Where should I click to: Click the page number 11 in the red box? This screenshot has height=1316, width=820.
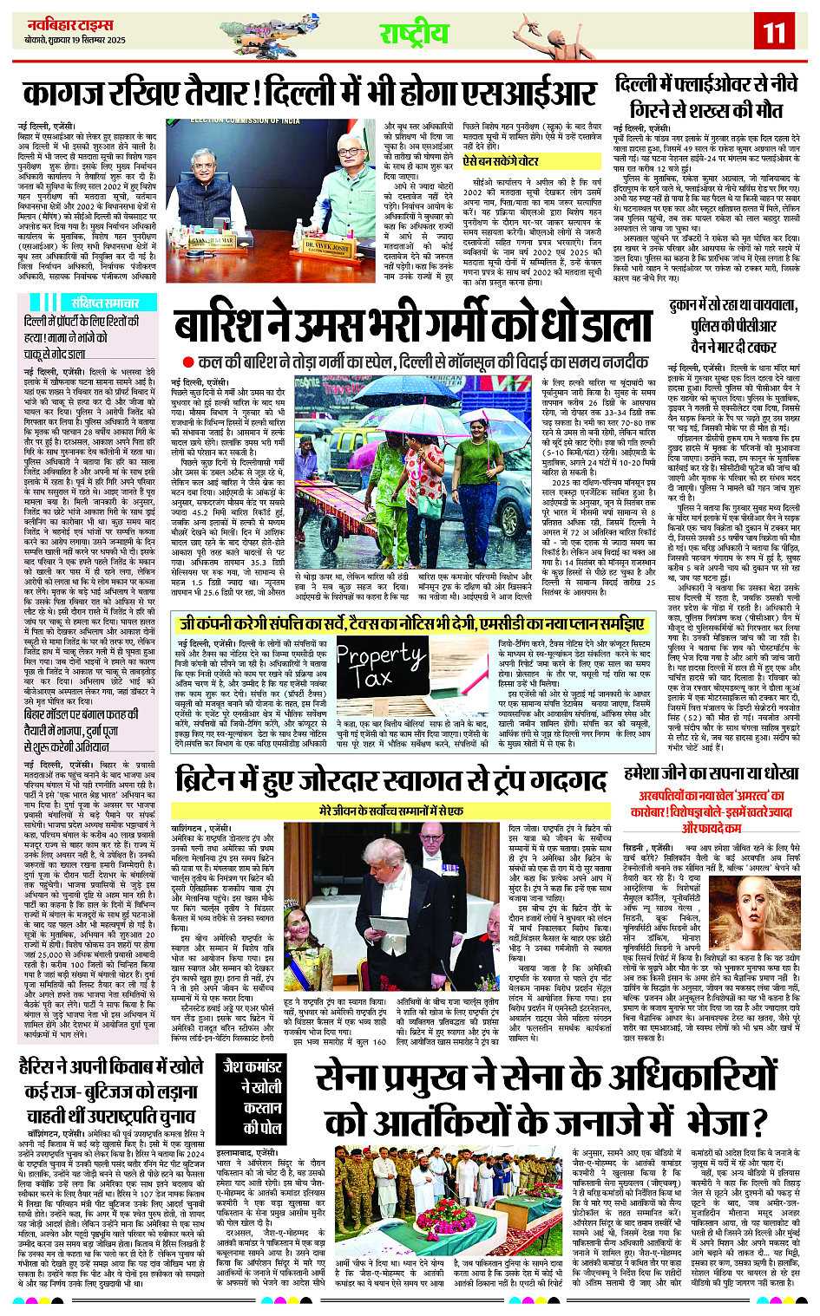(774, 34)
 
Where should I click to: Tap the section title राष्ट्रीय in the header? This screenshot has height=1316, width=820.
(414, 34)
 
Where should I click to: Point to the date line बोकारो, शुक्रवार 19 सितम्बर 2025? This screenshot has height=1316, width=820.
(75, 40)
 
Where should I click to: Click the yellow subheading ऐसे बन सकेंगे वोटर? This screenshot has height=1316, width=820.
(500, 161)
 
